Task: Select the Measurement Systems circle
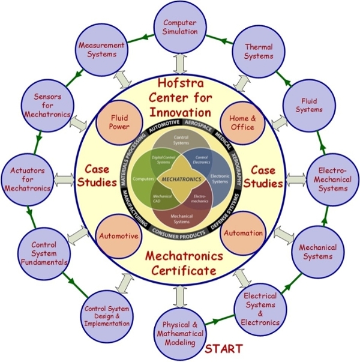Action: (x=102, y=49)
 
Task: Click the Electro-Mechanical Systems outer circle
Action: (x=332, y=178)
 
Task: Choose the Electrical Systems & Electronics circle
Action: (x=260, y=308)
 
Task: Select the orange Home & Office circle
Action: (x=242, y=121)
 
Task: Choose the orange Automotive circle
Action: (x=118, y=236)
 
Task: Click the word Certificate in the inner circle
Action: (x=180, y=270)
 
